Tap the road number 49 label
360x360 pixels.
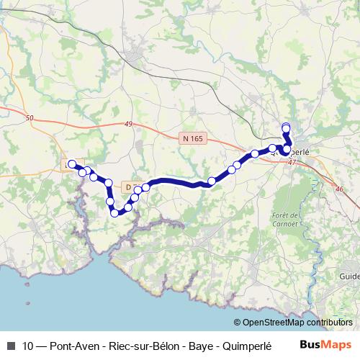tap(128, 125)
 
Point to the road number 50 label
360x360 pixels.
tap(29, 117)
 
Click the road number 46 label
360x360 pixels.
tap(340, 188)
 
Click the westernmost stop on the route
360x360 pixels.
tap(71, 163)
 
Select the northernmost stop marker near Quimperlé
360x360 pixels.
tap(286, 128)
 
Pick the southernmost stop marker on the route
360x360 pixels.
tap(114, 212)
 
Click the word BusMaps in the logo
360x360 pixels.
tap(330, 343)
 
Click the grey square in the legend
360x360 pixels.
tap(10, 344)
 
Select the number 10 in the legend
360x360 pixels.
tap(28, 344)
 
